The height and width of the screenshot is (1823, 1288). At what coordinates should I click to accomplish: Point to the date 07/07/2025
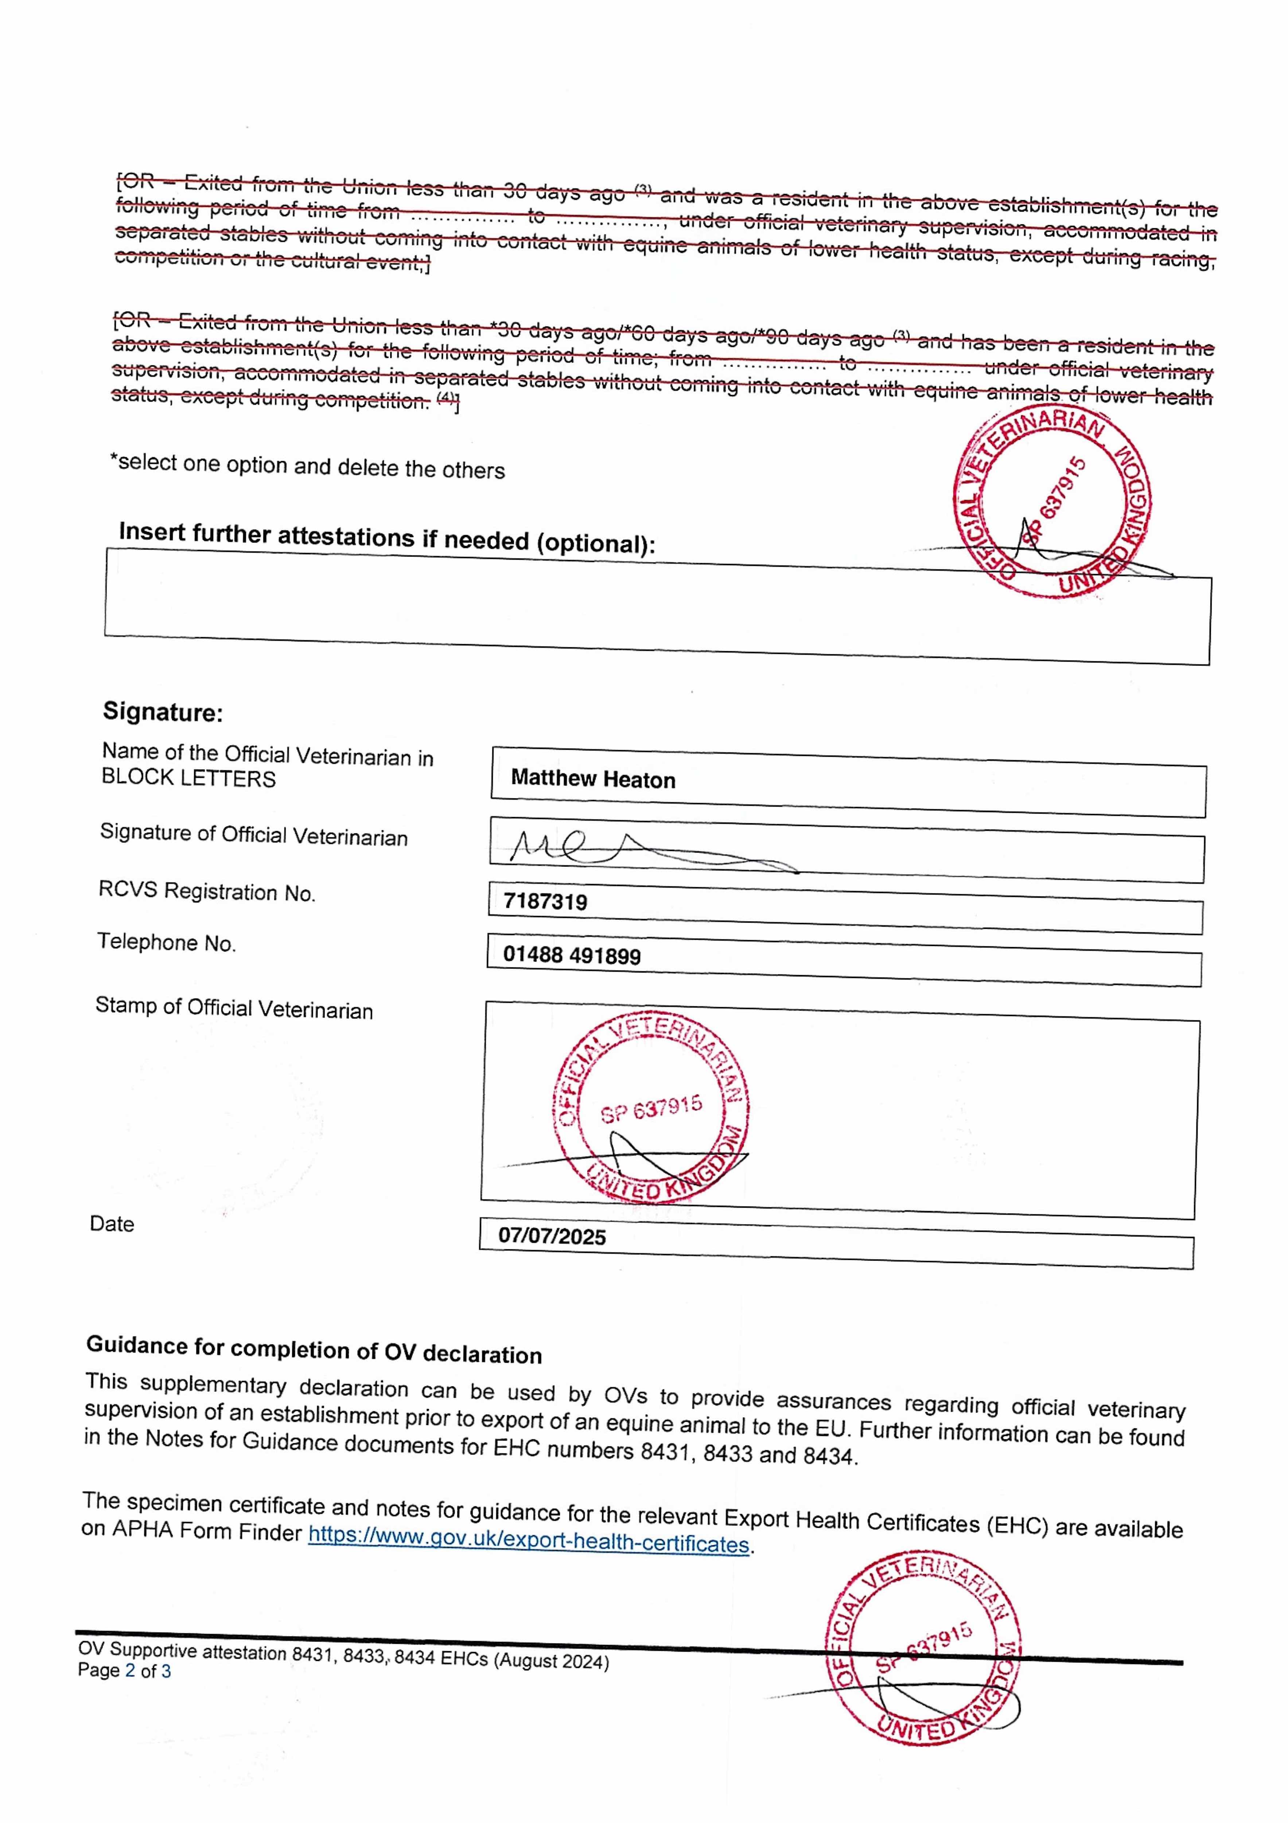click(552, 1236)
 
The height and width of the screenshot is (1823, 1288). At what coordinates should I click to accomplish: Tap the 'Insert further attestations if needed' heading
click(387, 537)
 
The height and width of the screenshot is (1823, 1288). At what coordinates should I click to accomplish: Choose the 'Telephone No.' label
click(167, 942)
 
